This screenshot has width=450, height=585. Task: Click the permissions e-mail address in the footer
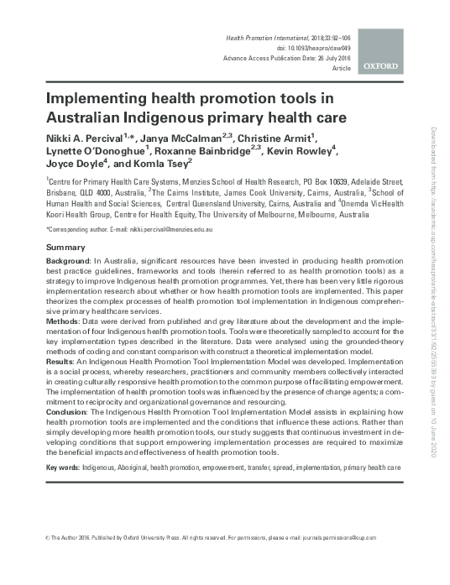coord(330,537)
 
